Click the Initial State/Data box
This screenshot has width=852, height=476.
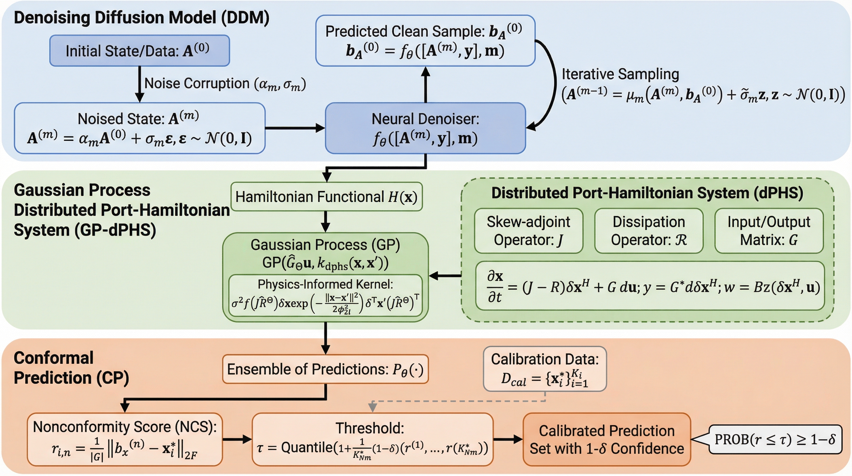(140, 51)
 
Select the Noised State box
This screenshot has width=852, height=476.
(140, 128)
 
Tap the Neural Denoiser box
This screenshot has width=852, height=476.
(425, 128)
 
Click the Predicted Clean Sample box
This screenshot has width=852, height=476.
(425, 41)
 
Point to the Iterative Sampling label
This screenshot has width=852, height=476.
(620, 74)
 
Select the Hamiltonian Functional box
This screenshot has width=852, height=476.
(326, 196)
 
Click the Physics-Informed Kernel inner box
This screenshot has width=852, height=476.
(325, 295)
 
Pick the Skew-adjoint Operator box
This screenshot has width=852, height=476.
(528, 231)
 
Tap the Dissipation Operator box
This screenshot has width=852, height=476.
(649, 231)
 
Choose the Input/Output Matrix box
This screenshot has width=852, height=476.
(769, 231)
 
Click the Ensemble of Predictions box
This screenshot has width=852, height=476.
(325, 369)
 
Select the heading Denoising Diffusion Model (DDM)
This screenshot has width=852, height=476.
(141, 18)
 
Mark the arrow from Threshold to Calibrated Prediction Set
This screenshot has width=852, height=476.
(508, 439)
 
